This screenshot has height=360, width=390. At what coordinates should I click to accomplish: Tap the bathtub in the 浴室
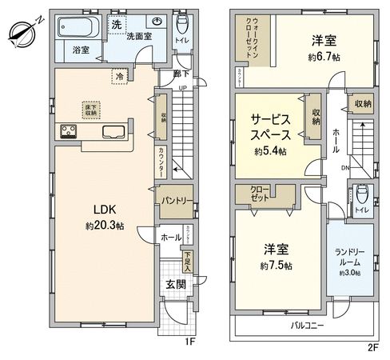78,30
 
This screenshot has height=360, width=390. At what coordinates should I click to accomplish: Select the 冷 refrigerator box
119,78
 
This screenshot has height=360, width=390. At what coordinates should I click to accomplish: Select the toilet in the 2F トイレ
362,193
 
